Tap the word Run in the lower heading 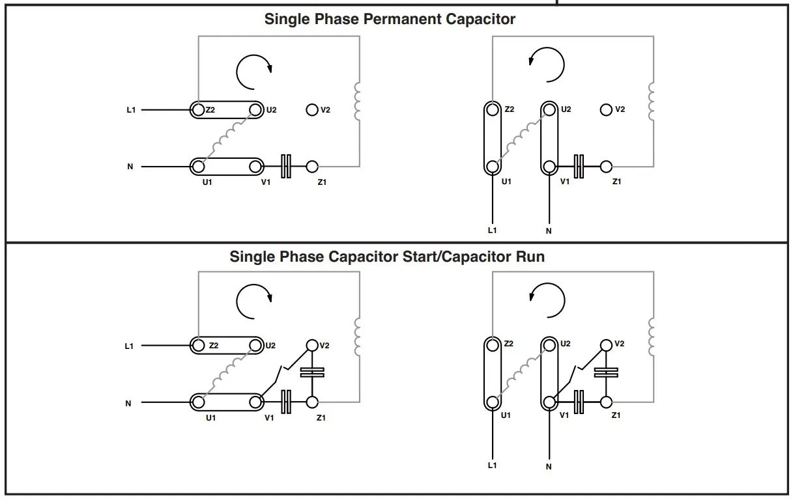(x=530, y=257)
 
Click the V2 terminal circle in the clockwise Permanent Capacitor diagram (x=312, y=110)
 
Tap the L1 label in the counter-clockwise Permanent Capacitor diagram (x=492, y=230)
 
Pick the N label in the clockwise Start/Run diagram (x=128, y=404)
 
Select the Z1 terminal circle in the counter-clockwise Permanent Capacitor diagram (x=607, y=167)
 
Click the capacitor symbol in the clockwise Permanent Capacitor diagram (x=285, y=167)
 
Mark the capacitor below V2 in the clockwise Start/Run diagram (x=312, y=373)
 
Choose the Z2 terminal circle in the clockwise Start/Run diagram (x=198, y=346)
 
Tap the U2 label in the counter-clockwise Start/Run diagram (x=565, y=344)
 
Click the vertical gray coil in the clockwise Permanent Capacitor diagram (x=356, y=102)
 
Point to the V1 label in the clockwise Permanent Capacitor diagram (x=266, y=182)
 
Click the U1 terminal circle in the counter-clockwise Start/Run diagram (x=493, y=402)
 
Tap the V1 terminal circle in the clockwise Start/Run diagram (x=255, y=403)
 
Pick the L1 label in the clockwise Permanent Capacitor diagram (x=131, y=110)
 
